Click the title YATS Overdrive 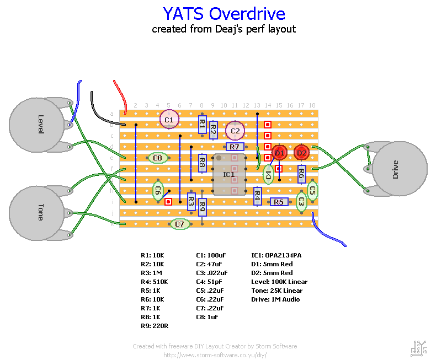224,14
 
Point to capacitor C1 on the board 169,119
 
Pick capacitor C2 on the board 235,131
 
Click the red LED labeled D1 279,152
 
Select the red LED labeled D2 301,152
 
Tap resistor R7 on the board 235,147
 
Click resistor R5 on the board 279,202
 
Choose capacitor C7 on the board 179,224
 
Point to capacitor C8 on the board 158,158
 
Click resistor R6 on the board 301,174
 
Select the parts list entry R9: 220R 155,326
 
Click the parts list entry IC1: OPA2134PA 276,255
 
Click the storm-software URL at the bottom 215,355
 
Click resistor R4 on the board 257,196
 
